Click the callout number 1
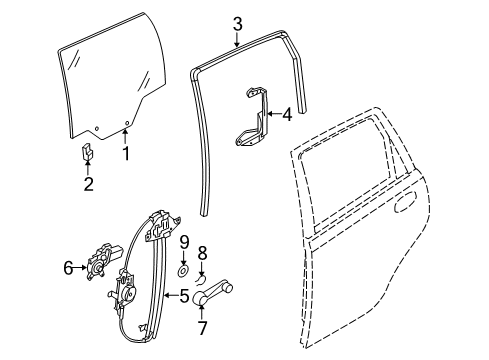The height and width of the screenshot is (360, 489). pyautogui.click(x=127, y=153)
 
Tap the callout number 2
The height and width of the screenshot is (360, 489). pyautogui.click(x=88, y=183)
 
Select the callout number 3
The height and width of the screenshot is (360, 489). pyautogui.click(x=237, y=21)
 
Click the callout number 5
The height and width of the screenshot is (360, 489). pyautogui.click(x=185, y=295)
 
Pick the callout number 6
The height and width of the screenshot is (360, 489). pyautogui.click(x=68, y=268)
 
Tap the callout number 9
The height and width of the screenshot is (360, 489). pyautogui.click(x=184, y=243)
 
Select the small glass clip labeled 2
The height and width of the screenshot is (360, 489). pyautogui.click(x=87, y=152)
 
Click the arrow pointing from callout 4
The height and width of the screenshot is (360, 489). pyautogui.click(x=271, y=115)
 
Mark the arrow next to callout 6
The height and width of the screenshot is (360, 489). pyautogui.click(x=82, y=268)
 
